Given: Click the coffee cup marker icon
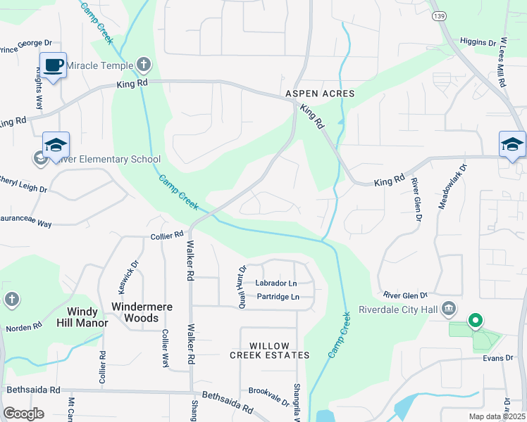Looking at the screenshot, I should [54, 65].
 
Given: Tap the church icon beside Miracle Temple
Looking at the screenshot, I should [144, 65].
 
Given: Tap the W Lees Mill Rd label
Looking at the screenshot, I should [503, 63].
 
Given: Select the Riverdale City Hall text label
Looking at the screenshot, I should [399, 309].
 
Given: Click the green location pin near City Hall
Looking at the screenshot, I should [475, 321].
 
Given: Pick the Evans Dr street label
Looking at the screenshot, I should [498, 358].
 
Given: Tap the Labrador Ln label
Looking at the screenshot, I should [276, 283].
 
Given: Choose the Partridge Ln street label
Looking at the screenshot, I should [278, 297].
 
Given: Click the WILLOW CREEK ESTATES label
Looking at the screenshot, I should [269, 350].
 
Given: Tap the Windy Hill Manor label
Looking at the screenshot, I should [87, 317].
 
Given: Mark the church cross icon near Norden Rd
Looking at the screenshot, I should [11, 300].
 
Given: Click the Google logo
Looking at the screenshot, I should [23, 414].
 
